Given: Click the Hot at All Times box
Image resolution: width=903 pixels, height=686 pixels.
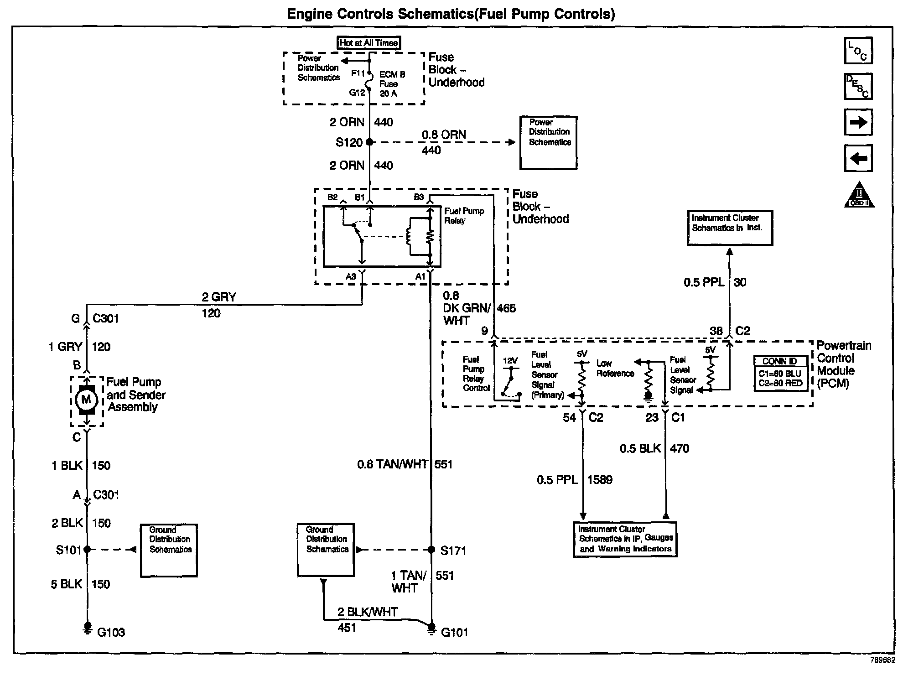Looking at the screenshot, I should click(x=368, y=43).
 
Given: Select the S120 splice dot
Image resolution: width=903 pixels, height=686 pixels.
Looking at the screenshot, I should click(x=369, y=142).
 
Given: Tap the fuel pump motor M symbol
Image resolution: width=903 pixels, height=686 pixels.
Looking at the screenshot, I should click(x=86, y=400).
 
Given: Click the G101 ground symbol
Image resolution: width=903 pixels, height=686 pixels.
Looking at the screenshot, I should click(x=431, y=629).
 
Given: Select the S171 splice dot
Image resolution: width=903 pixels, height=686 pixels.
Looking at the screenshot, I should click(x=431, y=550).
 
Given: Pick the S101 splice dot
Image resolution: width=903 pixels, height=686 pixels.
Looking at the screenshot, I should click(x=87, y=550).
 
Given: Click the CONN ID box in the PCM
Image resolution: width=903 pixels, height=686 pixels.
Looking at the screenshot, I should click(x=780, y=374).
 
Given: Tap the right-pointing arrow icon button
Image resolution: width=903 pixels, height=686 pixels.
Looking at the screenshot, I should click(x=858, y=122).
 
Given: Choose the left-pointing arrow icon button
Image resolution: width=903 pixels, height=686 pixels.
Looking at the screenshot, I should click(x=858, y=158).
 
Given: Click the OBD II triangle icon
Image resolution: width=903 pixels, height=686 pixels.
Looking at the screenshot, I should click(x=859, y=195).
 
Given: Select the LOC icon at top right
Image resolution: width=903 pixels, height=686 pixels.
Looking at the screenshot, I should click(x=858, y=50).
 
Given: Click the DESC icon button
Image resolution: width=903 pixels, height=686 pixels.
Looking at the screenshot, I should click(x=858, y=86).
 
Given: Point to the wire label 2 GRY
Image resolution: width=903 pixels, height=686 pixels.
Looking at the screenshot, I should click(x=219, y=297).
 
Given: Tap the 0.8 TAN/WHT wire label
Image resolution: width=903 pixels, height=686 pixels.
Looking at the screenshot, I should click(x=392, y=465).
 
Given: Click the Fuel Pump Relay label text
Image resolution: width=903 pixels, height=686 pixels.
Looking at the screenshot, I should click(x=464, y=216).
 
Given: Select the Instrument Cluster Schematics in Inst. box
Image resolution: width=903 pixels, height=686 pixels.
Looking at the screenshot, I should click(x=730, y=228).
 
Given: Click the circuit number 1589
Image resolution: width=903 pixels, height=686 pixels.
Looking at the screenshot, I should click(x=600, y=480).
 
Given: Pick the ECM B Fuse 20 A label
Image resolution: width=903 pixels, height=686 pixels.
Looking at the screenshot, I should click(x=392, y=84).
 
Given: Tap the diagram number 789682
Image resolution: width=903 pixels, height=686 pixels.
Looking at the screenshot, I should click(x=882, y=660).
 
